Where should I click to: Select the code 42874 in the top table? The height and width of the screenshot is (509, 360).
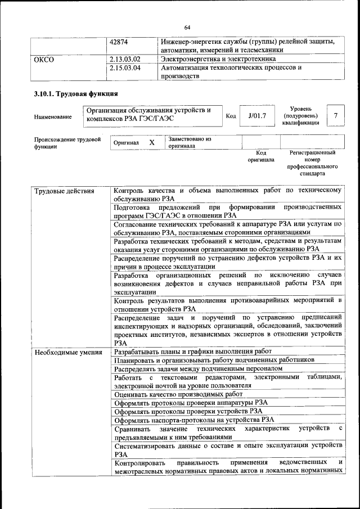pyautogui.click(x=119, y=42)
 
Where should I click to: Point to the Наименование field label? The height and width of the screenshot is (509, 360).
pyautogui.click(x=53, y=117)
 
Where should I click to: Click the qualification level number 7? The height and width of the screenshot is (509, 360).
pyautogui.click(x=336, y=116)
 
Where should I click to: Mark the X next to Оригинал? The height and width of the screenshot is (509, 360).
pyautogui.click(x=152, y=142)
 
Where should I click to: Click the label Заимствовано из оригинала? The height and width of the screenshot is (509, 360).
pyautogui.click(x=189, y=142)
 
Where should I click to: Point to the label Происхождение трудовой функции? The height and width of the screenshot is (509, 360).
pyautogui.click(x=67, y=142)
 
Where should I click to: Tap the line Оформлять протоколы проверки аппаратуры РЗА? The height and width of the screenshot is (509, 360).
pyautogui.click(x=191, y=403)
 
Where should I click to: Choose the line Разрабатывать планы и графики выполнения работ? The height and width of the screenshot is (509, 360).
pyautogui.click(x=192, y=351)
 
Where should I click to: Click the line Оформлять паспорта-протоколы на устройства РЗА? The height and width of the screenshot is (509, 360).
pyautogui.click(x=194, y=419)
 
